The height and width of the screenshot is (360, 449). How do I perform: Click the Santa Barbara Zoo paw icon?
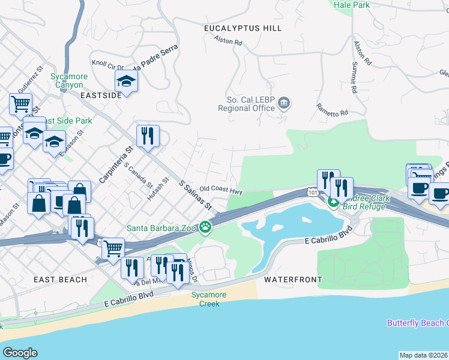206,227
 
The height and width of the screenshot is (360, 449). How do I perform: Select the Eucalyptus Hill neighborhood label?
243,28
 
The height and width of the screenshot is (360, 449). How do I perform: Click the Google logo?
20,353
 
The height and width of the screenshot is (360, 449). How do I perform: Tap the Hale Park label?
352,5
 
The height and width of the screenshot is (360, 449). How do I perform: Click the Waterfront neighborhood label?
292,280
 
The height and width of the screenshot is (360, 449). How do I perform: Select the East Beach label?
60,280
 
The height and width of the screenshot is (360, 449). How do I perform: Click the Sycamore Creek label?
205,299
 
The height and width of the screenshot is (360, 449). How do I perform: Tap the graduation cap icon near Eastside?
127,80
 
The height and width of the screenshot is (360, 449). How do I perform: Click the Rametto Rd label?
332,109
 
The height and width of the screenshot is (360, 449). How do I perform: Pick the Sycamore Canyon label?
69,81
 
